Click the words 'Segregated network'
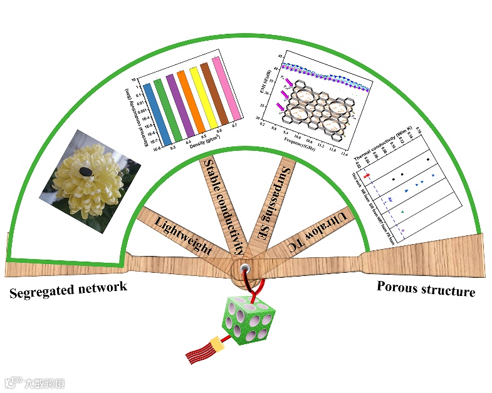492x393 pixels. coord(68,289)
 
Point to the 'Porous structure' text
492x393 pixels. coord(426,288)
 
